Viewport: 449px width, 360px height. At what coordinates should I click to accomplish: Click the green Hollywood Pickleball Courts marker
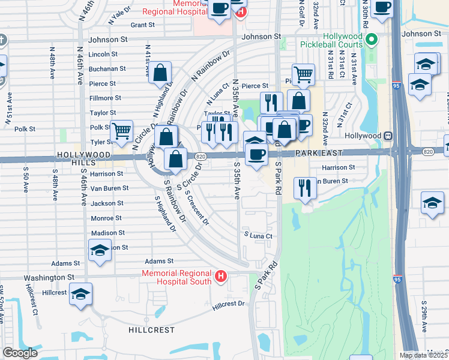tap(372, 40)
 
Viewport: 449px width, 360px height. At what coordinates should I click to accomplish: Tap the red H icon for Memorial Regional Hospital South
tap(221, 277)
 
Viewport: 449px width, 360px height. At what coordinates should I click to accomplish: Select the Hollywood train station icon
tap(388, 136)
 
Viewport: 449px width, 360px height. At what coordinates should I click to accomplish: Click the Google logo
tap(20, 353)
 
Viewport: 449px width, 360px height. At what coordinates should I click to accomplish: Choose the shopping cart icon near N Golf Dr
tap(304, 74)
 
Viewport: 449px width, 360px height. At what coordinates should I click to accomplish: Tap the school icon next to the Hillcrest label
tap(80, 294)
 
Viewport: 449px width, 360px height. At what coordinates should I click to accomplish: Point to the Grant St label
tap(142, 25)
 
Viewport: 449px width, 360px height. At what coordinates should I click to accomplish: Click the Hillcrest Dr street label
tap(229, 304)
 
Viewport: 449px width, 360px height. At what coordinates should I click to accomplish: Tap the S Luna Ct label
tap(258, 236)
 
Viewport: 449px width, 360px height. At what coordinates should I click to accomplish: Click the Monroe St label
tap(106, 218)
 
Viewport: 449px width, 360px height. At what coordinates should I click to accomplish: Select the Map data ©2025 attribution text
tap(423, 355)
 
